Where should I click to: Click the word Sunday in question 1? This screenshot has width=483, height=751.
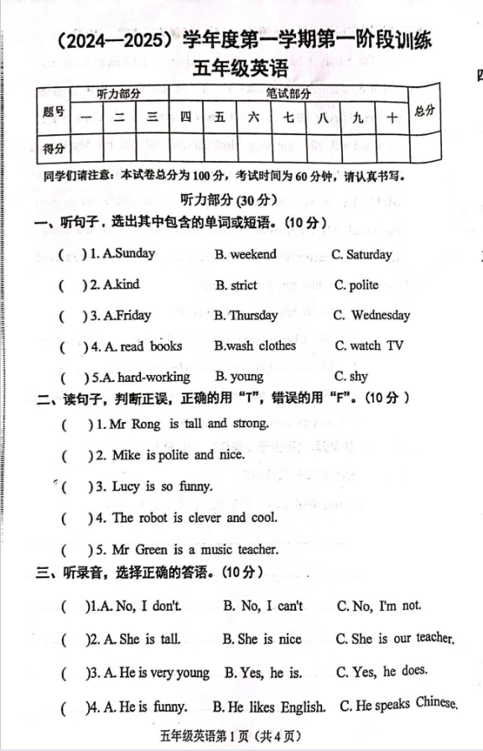tap(136, 253)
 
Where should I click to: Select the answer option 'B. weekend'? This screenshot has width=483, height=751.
tap(246, 254)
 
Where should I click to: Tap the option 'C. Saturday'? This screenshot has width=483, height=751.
tap(361, 254)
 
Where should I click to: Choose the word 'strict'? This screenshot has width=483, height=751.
tap(243, 285)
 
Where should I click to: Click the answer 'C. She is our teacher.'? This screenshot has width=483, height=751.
tap(394, 639)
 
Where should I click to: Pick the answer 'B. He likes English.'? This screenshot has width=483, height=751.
tap(269, 707)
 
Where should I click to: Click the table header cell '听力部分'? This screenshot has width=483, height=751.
tap(118, 93)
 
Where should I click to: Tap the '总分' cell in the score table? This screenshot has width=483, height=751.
tap(424, 111)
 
